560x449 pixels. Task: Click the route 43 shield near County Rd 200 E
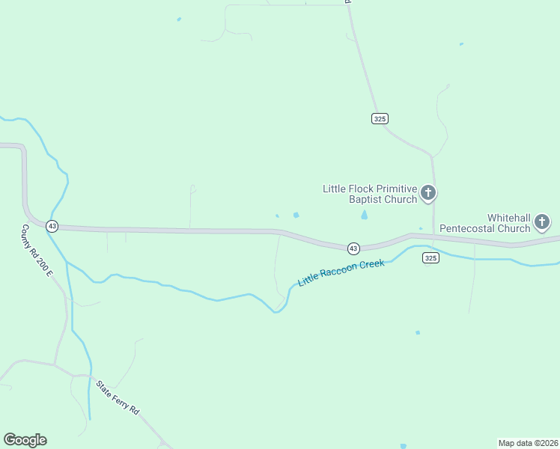(52, 225)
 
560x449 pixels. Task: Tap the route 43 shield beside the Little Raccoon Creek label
(353, 248)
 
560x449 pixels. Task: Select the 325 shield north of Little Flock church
(380, 118)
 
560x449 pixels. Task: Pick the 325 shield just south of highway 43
(430, 257)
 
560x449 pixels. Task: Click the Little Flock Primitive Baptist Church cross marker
(428, 194)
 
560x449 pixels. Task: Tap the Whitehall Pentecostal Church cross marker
(542, 222)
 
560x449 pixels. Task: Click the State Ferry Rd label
(118, 398)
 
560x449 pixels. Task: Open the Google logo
(25, 440)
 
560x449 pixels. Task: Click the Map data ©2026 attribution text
(529, 443)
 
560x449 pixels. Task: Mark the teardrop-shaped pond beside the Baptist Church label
(365, 215)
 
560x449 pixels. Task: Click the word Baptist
(365, 199)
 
